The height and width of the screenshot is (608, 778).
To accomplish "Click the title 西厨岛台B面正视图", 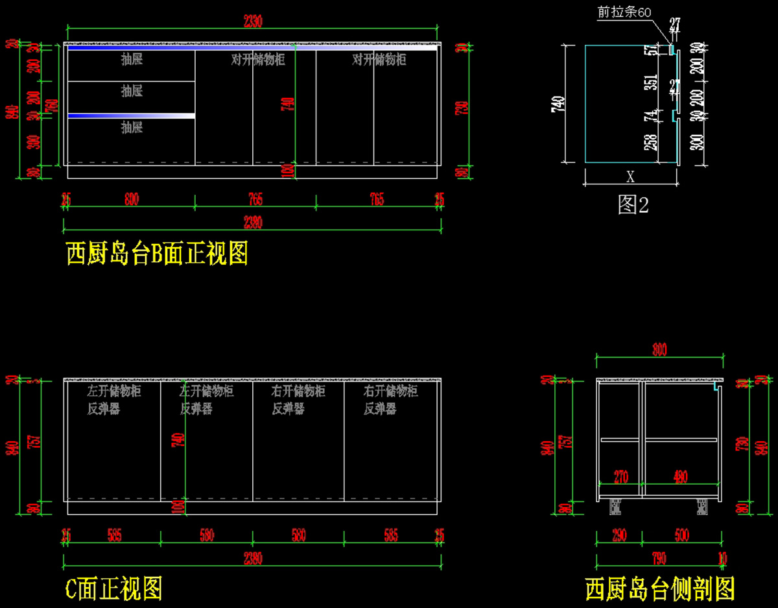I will pos(157,254).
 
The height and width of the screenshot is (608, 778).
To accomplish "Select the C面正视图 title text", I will pos(114,589).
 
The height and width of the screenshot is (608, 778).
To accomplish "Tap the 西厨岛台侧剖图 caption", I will pos(659,590).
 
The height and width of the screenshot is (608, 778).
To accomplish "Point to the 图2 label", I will pos(633,205).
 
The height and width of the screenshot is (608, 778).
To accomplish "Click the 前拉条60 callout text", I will pos(624,13).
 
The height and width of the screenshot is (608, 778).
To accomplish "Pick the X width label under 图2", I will pos(630,177).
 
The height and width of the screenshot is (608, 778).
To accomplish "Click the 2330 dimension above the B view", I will pos(253,21).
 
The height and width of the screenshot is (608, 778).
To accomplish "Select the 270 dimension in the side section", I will pos(620,477).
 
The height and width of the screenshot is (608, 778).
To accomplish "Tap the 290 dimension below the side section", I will pos(619,536).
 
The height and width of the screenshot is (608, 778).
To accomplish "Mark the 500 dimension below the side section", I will pos(681,536).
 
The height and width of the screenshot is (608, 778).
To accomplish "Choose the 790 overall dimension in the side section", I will pos(659,557).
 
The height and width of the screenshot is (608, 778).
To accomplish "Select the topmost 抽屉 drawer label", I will pos(132,60).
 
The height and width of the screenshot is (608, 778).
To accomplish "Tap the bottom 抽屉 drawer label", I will pos(132,127).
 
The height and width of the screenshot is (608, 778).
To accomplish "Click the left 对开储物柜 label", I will pos(258,60).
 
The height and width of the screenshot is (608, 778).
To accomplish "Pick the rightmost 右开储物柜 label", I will pos(390,391).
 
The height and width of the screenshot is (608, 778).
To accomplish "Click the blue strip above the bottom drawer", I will pos(131,116).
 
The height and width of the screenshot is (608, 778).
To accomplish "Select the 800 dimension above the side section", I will pos(659,350).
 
